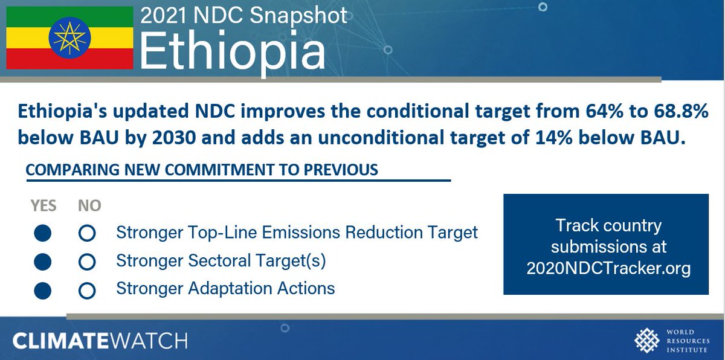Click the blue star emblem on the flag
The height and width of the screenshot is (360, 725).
(x=70, y=37)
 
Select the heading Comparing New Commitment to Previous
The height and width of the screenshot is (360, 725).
(x=202, y=170)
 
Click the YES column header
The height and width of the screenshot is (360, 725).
(x=43, y=206)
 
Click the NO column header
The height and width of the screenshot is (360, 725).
(x=89, y=206)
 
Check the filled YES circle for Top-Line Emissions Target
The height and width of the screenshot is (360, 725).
(x=42, y=233)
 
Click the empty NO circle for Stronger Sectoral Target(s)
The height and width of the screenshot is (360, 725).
(x=88, y=262)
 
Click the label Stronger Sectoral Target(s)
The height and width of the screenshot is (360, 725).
(x=221, y=261)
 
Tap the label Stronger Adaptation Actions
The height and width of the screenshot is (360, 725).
(x=225, y=288)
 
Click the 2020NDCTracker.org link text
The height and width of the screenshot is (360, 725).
(x=608, y=269)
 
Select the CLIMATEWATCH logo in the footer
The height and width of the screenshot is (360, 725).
(x=100, y=340)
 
